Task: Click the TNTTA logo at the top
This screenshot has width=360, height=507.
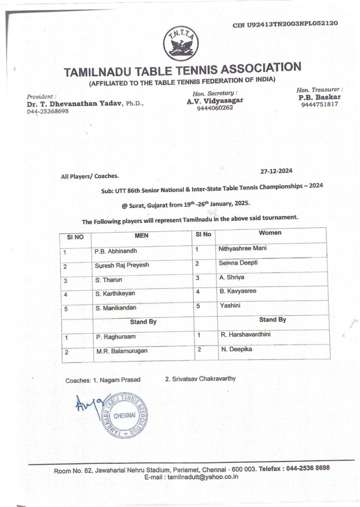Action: coord(180,43)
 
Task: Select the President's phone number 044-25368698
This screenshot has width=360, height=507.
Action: coord(48,111)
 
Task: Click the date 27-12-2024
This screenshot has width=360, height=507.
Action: coord(276,171)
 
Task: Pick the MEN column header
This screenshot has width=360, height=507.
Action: coord(142,235)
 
